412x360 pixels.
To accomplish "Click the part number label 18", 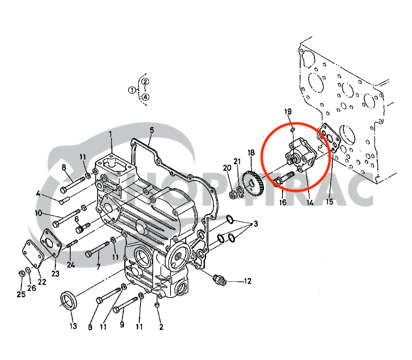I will (251, 153).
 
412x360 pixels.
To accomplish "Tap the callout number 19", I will (288, 112).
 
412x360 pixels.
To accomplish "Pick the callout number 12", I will (248, 281).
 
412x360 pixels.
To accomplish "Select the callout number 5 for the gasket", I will (152, 130).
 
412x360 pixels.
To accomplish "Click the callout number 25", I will (21, 294).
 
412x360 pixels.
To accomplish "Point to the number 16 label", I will (283, 202).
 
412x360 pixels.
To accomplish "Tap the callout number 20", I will (227, 168).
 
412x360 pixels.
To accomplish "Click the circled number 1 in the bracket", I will (132, 90).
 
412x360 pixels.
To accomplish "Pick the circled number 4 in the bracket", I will (145, 97).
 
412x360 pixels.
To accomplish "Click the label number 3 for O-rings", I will (256, 224).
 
